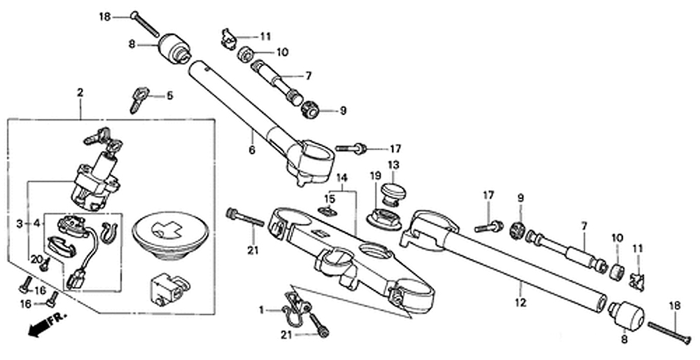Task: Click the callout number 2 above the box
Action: [x=80, y=93]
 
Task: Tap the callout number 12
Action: [x=521, y=303]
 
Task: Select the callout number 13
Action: [x=393, y=165]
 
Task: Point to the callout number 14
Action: [x=342, y=177]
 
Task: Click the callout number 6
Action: [x=252, y=150]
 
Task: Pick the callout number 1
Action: [x=262, y=310]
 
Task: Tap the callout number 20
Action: [x=36, y=259]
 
